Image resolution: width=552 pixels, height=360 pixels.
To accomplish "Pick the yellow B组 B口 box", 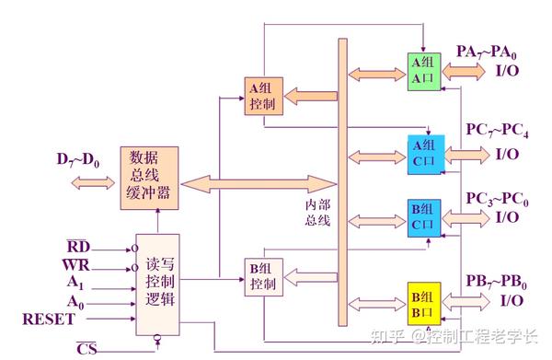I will [x=426, y=303].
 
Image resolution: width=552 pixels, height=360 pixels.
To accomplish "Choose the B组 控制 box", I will [x=262, y=276].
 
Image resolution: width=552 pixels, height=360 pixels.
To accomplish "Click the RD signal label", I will [x=78, y=247].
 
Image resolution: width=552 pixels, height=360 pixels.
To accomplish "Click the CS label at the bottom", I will [x=86, y=348].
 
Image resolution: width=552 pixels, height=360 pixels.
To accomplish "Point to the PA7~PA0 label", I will [x=494, y=50].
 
